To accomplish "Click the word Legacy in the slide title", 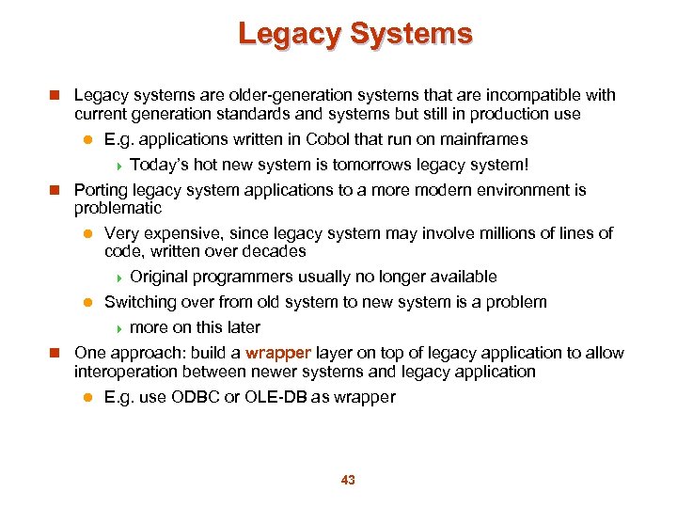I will (290, 35).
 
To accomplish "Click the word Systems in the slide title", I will (411, 35).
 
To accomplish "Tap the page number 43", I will (348, 481).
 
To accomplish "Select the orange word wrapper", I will (278, 353).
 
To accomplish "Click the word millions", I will (505, 233).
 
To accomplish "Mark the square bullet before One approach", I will (55, 354).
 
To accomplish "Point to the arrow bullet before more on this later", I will (119, 328).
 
